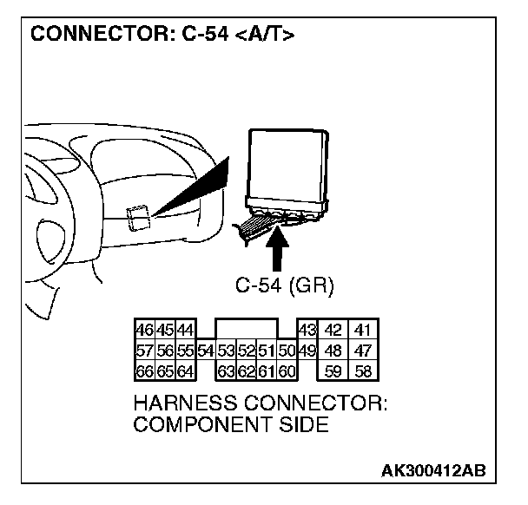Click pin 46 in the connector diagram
(144, 330)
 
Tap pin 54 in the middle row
(206, 351)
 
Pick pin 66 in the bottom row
(144, 371)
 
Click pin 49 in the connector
(306, 351)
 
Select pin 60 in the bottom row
(287, 371)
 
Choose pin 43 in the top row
(306, 330)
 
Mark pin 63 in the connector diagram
(227, 371)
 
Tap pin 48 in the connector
(333, 351)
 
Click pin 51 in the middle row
(267, 351)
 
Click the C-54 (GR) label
(284, 284)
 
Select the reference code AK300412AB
(434, 469)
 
